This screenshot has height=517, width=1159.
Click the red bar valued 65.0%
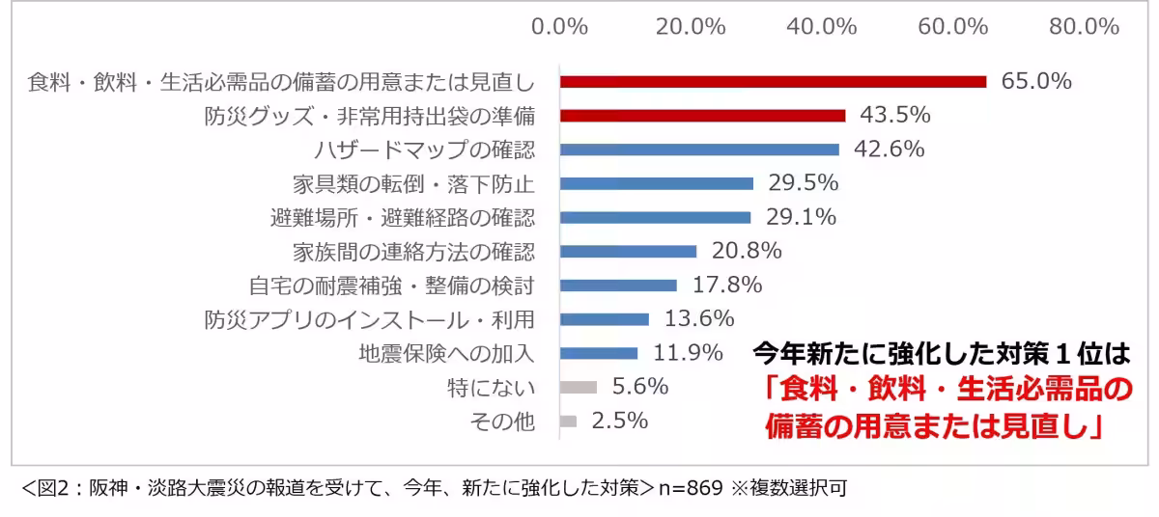coord(773,82)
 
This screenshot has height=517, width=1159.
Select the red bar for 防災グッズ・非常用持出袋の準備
coord(702,116)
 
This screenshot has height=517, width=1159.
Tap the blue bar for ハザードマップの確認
coord(699,150)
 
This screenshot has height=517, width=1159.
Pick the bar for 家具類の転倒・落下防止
coord(657,183)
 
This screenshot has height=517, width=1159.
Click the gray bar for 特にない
coord(579,387)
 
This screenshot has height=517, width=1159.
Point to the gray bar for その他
coord(568,422)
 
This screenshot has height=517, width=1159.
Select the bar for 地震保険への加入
coord(599,353)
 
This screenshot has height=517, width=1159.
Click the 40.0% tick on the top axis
coord(823,27)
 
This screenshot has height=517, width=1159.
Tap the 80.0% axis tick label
coord(1085,27)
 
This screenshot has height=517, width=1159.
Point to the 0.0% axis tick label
coord(560,27)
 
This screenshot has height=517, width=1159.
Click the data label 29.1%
coord(801,217)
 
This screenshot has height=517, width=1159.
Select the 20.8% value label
coord(747,251)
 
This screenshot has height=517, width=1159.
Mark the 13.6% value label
coord(699,318)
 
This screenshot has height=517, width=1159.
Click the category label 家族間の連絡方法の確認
coord(413,252)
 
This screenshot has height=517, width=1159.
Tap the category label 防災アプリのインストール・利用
coord(369,319)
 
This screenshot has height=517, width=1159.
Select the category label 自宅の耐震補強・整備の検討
coord(391,286)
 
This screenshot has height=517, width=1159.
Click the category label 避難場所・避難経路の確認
coord(402,218)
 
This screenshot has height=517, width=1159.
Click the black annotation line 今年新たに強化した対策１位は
coord(941,352)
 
